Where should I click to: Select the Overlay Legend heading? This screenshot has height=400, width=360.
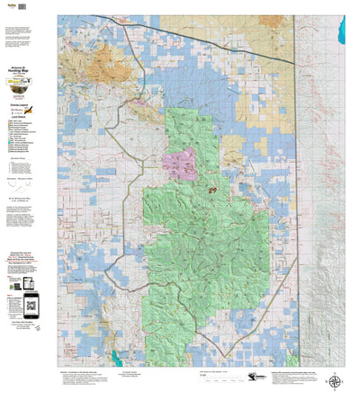[26, 105]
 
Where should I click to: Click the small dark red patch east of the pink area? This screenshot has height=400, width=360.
[213, 191]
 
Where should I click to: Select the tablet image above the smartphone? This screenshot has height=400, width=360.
[26, 274]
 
